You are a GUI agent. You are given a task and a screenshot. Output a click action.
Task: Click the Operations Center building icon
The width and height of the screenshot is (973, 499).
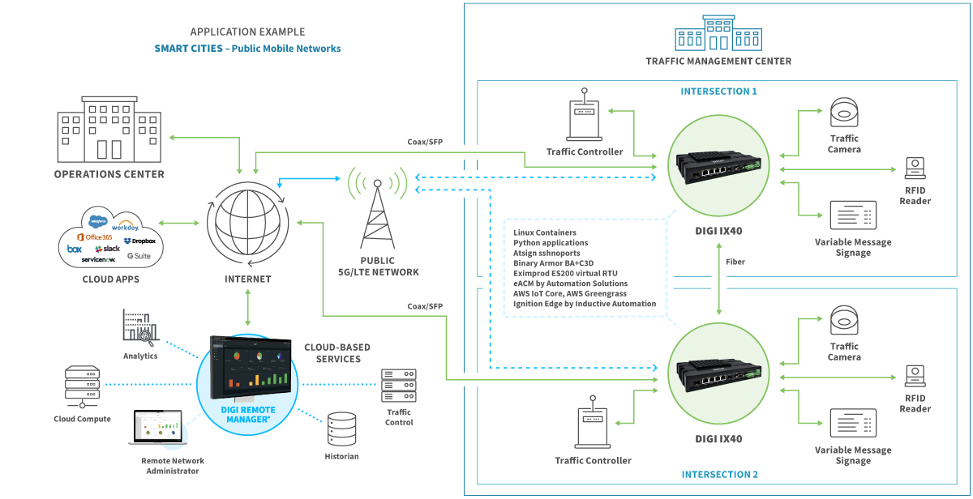(109, 133)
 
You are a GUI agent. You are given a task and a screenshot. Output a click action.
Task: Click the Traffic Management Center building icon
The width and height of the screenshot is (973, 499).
(718, 32)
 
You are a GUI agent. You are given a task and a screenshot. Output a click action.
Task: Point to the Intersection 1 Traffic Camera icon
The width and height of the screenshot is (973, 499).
(844, 113)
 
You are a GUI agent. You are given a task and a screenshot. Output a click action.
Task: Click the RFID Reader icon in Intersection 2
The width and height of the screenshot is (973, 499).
(915, 375)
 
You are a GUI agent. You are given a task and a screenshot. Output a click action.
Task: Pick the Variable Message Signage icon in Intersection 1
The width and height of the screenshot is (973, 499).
(852, 216)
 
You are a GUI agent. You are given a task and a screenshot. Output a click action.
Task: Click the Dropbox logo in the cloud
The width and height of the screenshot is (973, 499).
(139, 241)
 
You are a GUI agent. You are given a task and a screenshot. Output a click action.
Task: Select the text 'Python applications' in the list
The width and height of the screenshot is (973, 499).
(551, 242)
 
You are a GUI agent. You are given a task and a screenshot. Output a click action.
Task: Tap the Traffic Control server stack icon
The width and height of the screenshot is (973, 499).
(398, 386)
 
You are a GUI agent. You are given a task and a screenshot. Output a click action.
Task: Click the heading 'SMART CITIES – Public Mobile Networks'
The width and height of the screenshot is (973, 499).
(247, 49)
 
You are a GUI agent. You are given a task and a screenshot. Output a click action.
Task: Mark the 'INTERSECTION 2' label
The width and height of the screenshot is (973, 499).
(718, 475)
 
